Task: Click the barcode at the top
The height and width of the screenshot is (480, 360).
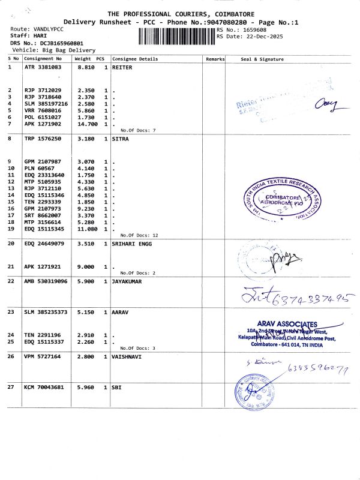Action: pyautogui.click(x=176, y=35)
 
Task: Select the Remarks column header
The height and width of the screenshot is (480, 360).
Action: pyautogui.click(x=215, y=59)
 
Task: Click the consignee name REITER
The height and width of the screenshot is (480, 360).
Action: pyautogui.click(x=122, y=68)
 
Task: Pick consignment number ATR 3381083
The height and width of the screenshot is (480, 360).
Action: pyautogui.click(x=43, y=68)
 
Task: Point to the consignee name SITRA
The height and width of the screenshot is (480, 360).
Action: pyautogui.click(x=120, y=139)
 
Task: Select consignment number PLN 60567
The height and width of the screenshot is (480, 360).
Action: pyautogui.click(x=39, y=169)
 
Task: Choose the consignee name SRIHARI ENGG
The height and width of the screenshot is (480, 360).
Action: pyautogui.click(x=133, y=244)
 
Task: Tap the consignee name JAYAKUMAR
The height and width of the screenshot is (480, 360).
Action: pyautogui.click(x=127, y=281)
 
